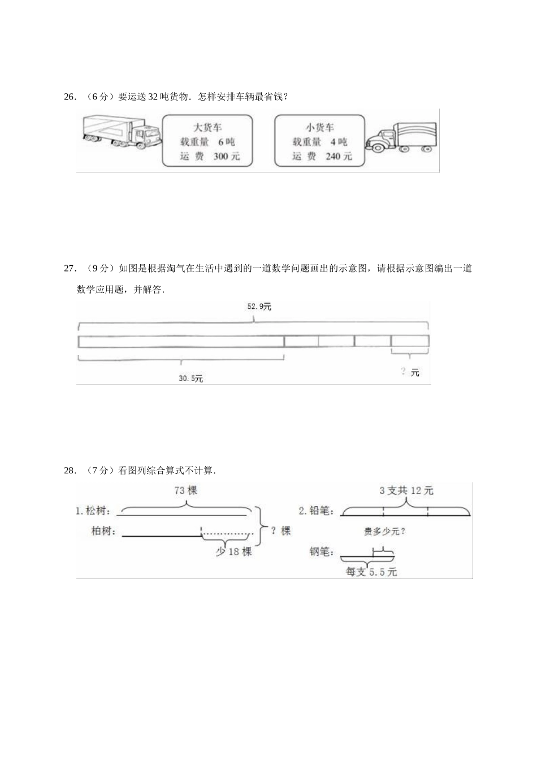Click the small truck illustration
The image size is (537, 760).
401,138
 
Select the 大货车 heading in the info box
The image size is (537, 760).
207,127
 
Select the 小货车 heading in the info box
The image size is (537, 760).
320,127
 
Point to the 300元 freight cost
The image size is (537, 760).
227,156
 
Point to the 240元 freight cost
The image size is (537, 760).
339,156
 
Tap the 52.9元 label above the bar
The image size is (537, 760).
259,306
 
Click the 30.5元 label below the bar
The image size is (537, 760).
190,378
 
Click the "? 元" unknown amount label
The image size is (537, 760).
410,372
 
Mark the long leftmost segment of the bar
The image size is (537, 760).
181,341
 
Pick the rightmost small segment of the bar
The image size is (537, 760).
410,341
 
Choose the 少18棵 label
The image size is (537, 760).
233,551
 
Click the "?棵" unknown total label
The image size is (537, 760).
280,531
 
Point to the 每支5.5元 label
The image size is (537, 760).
371,572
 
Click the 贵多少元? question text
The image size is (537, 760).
387,531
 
